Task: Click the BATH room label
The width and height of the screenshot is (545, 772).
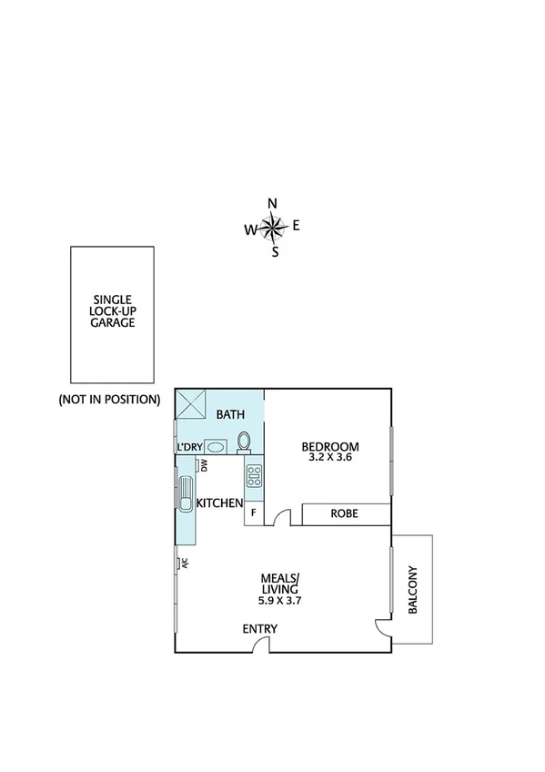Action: (230, 415)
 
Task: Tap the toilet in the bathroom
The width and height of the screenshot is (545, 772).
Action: (244, 442)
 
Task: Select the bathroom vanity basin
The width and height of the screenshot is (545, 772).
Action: (216, 446)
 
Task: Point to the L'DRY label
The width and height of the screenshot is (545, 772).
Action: (189, 447)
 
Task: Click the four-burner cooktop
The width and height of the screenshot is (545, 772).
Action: (254, 475)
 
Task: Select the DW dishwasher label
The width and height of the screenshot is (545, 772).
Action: (205, 465)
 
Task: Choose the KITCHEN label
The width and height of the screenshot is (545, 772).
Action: (220, 503)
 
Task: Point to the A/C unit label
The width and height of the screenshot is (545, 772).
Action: (183, 562)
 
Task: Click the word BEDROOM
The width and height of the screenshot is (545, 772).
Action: (330, 446)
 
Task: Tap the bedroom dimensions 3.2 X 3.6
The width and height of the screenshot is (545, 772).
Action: (330, 458)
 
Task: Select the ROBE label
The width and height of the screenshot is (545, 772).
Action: (344, 514)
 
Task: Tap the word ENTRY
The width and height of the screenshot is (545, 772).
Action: (259, 629)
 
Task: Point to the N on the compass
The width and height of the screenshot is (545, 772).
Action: (272, 203)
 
